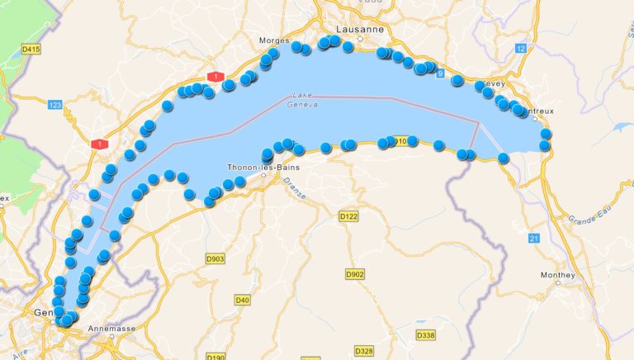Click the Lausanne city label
click(360, 29)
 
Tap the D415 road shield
click(31, 50)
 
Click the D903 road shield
click(215, 259)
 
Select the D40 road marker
click(242, 300)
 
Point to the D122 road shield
click(348, 216)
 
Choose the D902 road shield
click(355, 273)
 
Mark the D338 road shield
click(425, 335)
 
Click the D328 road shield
click(364, 351)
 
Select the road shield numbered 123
click(55, 105)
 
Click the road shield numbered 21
click(534, 238)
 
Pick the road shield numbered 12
click(520, 50)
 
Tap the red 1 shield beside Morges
click(216, 77)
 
